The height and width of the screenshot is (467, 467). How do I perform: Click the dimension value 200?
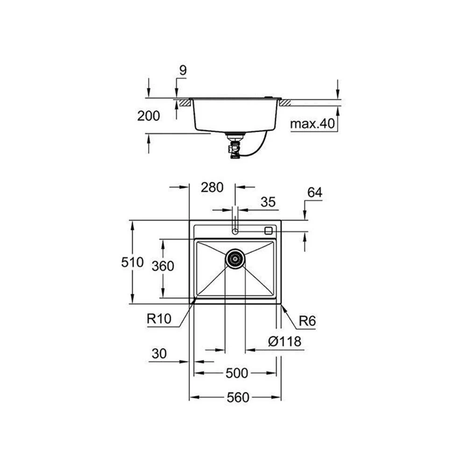click(149, 116)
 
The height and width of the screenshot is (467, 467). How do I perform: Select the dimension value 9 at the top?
click(183, 71)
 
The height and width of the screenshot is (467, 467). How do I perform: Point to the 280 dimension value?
click(212, 187)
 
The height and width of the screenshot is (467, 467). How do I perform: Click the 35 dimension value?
click(268, 202)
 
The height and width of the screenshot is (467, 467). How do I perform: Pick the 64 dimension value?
click(315, 192)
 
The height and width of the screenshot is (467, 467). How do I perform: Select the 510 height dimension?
click(132, 262)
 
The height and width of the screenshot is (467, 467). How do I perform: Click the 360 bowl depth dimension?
click(163, 266)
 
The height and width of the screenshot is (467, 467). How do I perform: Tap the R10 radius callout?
click(159, 319)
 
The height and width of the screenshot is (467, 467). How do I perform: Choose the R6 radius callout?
click(307, 321)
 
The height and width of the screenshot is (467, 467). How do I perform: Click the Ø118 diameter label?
click(285, 341)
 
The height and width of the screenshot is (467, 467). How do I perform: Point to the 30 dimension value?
click(159, 354)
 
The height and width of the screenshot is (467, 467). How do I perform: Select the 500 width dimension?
click(237, 373)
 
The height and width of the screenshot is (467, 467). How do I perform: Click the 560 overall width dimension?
click(238, 398)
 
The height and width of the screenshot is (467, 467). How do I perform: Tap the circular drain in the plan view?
click(235, 258)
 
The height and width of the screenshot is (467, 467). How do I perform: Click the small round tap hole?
click(235, 231)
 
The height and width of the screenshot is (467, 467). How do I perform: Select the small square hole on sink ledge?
click(268, 230)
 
